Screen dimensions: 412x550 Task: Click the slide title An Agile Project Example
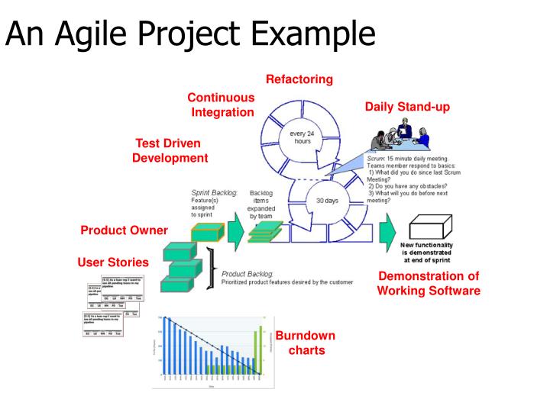click(191, 34)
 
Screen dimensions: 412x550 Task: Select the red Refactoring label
click(299, 79)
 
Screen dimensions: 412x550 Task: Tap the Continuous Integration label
click(222, 105)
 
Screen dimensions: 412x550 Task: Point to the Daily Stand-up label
click(407, 107)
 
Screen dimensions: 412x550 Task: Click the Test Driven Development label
click(170, 151)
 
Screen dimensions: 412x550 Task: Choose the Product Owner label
click(124, 231)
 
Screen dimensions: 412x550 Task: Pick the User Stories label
click(113, 262)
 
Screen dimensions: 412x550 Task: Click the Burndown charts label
click(306, 343)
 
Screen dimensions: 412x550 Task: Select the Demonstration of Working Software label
click(429, 283)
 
